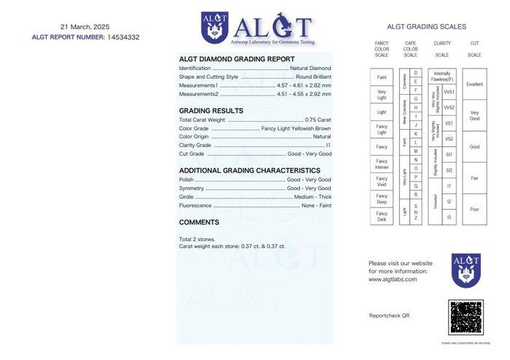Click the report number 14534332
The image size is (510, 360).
(123, 37)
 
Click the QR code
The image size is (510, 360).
(466, 317)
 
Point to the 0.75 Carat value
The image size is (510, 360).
(318, 120)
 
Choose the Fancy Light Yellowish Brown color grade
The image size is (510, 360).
(296, 128)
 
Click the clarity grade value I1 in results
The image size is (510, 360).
(328, 145)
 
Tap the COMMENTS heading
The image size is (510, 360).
(199, 222)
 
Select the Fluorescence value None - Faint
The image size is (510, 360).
(316, 206)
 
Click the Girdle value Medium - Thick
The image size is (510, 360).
(313, 197)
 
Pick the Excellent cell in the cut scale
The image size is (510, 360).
(474, 85)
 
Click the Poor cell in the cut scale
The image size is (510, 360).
(474, 209)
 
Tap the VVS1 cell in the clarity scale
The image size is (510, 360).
(449, 93)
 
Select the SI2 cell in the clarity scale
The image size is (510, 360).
(449, 170)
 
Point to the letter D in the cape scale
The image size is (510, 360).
(416, 73)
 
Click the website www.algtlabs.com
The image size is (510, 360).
(393, 279)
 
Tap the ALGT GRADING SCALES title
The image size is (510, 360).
(427, 27)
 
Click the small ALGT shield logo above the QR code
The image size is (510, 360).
(466, 270)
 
